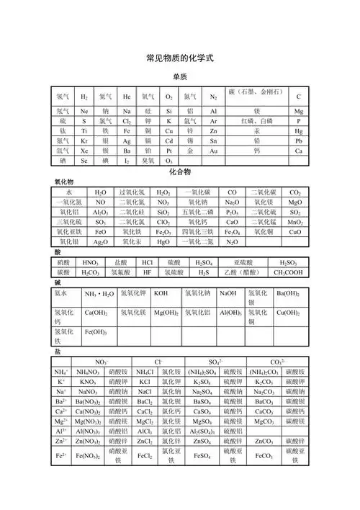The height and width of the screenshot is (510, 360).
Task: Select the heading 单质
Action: [180, 76]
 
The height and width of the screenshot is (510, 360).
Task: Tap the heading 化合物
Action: [180, 173]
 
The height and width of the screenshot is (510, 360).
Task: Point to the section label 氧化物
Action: [66, 182]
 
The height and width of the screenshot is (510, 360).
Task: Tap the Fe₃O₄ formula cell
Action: [232, 233]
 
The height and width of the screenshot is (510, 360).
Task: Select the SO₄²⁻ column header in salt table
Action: [215, 361]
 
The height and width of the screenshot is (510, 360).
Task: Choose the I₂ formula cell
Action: [127, 161]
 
